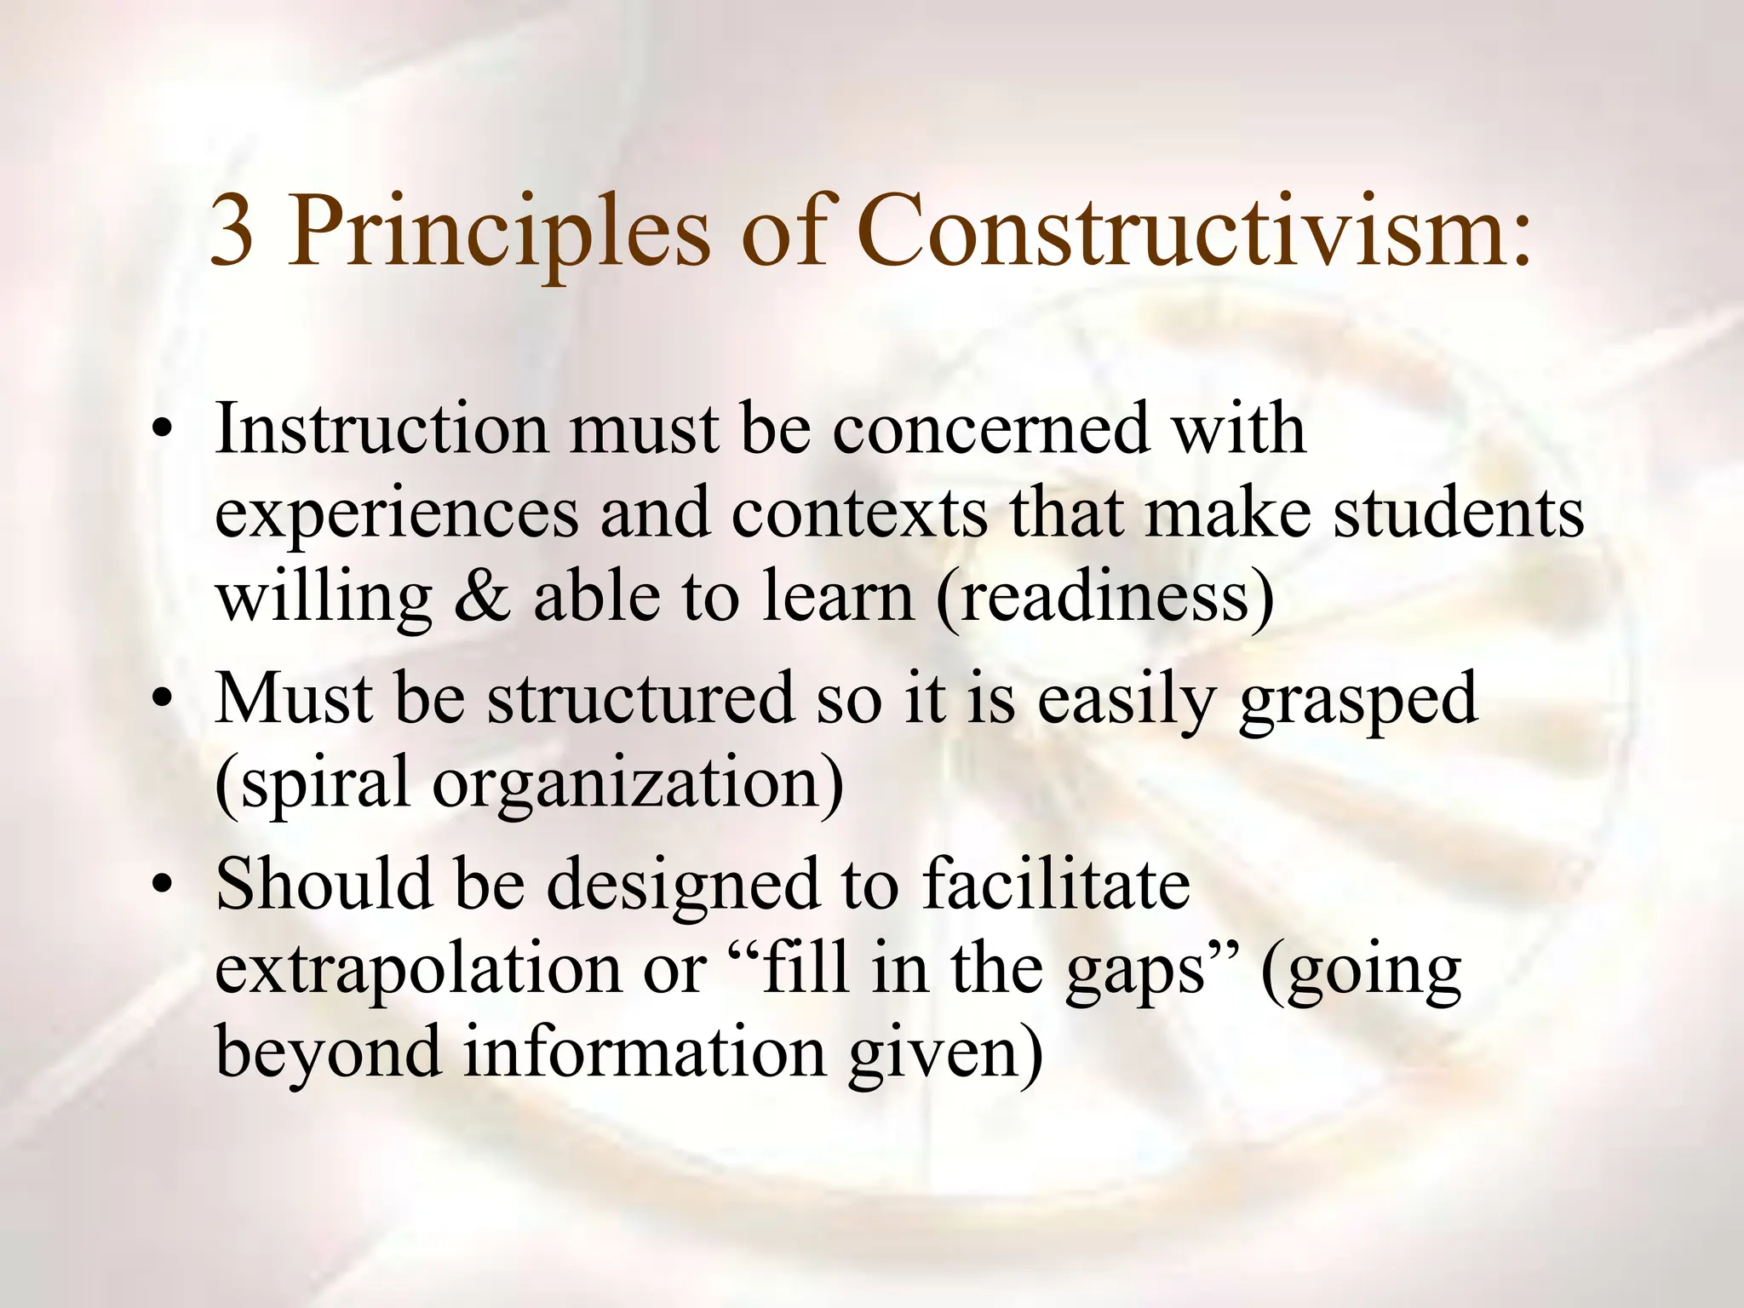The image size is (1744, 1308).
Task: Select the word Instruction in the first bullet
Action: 381,428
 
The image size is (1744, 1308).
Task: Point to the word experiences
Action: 396,515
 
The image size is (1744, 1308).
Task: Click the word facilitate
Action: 1055,884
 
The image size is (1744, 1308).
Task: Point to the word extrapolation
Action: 418,971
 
